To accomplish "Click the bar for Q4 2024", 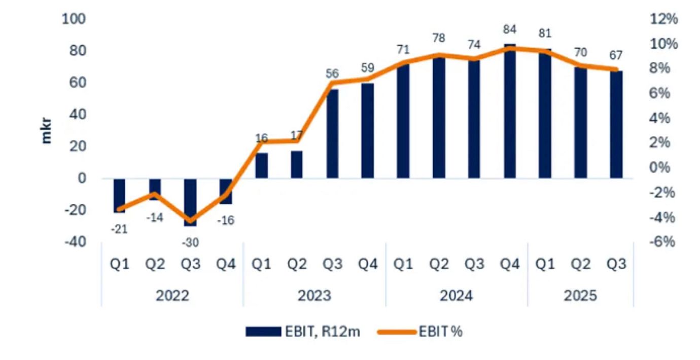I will (510, 112).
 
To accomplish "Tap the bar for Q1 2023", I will (261, 165).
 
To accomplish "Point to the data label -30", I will (190, 242).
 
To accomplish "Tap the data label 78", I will (439, 38).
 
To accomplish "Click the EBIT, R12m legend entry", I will (303, 332).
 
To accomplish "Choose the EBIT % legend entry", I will (421, 332).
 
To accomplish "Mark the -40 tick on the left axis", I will (75, 242).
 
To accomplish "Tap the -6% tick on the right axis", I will (662, 242).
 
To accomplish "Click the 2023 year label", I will (314, 295).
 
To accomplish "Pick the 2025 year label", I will (581, 295).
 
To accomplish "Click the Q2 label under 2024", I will (439, 265).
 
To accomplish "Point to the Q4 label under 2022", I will (226, 265).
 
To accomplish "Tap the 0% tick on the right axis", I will (663, 167).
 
